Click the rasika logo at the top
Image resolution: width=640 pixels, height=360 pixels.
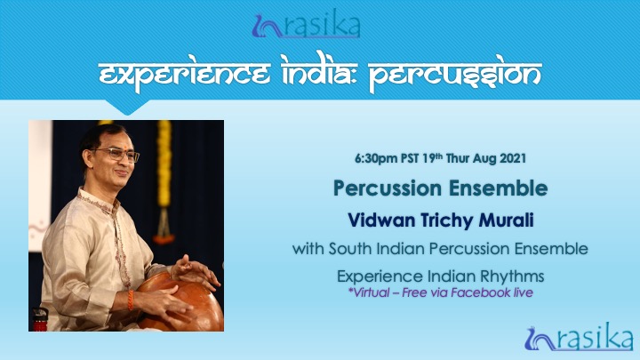[x=306, y=25]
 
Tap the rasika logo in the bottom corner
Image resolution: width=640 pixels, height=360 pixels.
[x=579, y=337]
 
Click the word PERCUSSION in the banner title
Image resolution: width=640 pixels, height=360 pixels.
[x=455, y=74]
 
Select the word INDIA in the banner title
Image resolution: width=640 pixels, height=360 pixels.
[x=318, y=72]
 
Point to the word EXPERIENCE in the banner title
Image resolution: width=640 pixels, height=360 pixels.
[x=185, y=75]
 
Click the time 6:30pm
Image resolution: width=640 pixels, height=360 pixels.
[x=377, y=158]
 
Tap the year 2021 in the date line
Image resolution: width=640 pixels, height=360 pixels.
[x=513, y=158]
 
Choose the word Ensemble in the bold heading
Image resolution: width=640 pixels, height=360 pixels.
[x=499, y=188]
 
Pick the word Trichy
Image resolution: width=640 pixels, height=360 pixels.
[x=446, y=221]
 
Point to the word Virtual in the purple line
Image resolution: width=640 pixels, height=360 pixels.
[x=369, y=292]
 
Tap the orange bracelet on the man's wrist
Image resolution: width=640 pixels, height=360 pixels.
[x=130, y=300]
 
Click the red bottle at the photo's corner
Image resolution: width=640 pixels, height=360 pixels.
[x=40, y=320]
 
